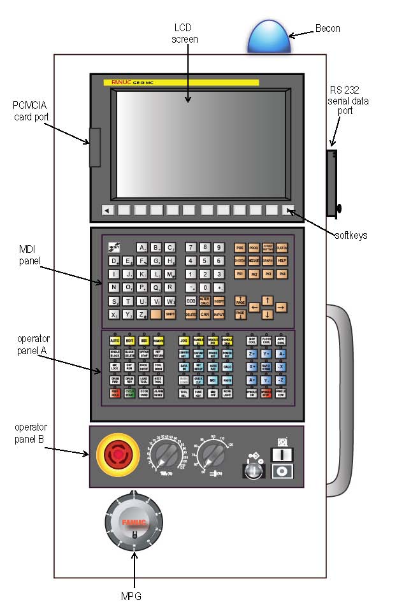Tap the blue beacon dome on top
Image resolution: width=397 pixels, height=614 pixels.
tap(268, 38)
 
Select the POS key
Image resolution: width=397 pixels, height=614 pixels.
tap(240, 247)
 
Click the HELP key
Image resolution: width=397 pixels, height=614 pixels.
tap(282, 261)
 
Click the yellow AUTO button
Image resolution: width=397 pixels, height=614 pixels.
tap(115, 341)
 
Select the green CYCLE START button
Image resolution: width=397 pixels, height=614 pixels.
tap(130, 392)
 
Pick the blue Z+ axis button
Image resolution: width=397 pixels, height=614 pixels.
tap(252, 354)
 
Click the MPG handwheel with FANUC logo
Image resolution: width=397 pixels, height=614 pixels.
tap(134, 522)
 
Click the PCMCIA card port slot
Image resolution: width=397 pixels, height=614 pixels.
tap(95, 147)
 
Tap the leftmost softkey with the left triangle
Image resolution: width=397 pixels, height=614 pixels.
tap(107, 211)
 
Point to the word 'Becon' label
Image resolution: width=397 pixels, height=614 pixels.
tap(328, 29)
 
